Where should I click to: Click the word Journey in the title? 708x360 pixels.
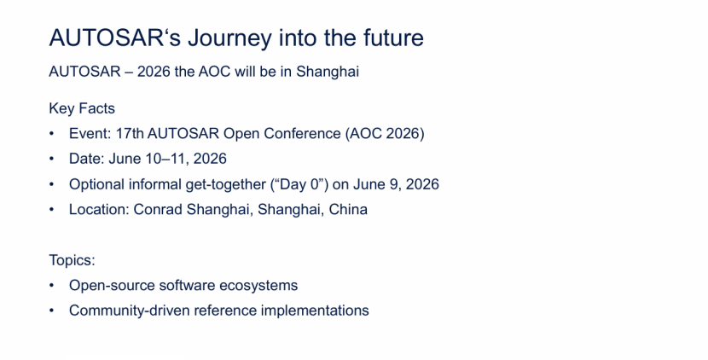point(230,38)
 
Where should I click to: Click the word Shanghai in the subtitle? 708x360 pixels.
point(328,73)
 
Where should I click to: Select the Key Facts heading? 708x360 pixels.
point(82,109)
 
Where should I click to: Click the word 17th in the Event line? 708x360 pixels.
point(130,134)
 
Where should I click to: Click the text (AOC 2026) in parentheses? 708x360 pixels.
point(385,134)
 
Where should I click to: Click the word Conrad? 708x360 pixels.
point(158,210)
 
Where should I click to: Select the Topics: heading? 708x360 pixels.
point(73,261)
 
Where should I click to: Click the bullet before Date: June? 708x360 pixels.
point(51,159)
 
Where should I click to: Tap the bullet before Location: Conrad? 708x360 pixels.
point(51,210)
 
